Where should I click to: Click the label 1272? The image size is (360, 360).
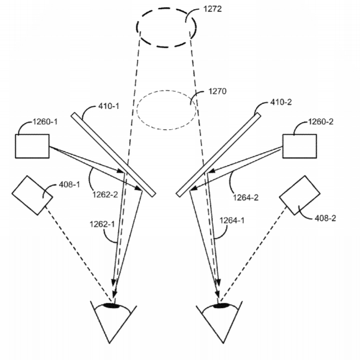pos(212,9)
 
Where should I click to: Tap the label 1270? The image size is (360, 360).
pos(217,91)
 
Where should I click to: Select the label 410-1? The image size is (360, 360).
pos(109,106)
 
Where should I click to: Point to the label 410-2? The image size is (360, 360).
pos(281,102)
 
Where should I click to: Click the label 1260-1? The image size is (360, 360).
pos(45,122)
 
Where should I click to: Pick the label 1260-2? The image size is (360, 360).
pos(321,122)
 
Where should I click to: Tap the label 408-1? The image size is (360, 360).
pos(69,184)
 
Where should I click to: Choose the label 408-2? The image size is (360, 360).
pos(325,218)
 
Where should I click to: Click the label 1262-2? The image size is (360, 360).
pos(105,195)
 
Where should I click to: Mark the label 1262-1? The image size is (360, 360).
pos(102,224)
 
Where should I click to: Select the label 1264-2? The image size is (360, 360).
pos(246,198)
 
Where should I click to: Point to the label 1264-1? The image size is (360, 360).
pos(232,221)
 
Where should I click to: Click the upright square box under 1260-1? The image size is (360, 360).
pos(32,146)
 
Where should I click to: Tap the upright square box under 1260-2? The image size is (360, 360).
pos(299,146)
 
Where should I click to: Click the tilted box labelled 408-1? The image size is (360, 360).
pos(32,196)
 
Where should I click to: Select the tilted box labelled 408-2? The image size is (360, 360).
pos(300,196)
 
